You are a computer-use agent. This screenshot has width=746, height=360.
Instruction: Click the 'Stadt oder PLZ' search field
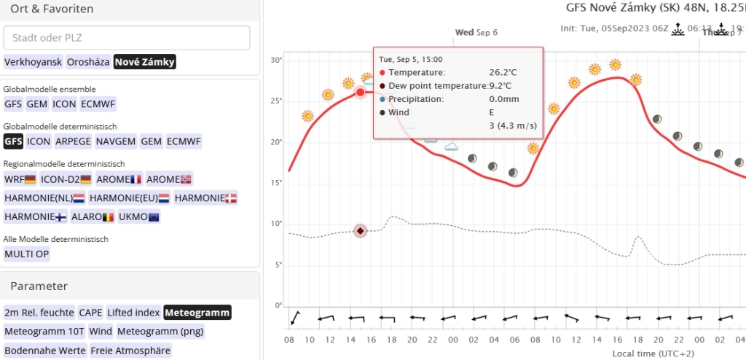coord(127,38)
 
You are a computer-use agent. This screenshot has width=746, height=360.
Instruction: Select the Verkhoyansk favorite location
coord(34,62)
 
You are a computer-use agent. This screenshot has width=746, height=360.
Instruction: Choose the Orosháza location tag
coord(88,62)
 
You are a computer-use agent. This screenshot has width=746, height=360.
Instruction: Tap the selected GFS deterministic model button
coord(13,141)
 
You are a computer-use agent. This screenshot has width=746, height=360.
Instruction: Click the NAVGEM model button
coord(115,141)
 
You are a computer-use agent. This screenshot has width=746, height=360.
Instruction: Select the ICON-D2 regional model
coord(66,179)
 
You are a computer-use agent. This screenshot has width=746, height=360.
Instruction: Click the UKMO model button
coord(138,216)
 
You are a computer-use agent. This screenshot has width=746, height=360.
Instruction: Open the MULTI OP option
coord(27,254)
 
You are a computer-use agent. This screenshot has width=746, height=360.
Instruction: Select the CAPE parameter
coord(90,313)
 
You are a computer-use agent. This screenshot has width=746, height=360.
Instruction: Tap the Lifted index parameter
coord(133,313)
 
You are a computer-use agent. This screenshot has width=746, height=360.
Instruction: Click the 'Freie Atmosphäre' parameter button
coord(130,351)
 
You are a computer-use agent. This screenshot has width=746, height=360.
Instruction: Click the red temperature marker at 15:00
coord(360,93)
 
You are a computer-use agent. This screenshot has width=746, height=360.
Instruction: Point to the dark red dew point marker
coord(360,231)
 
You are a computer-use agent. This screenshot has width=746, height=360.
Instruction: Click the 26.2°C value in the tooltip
coord(503,73)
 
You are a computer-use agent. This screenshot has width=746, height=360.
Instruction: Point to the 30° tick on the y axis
coord(276,60)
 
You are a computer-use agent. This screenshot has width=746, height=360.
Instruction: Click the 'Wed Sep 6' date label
coord(476,32)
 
